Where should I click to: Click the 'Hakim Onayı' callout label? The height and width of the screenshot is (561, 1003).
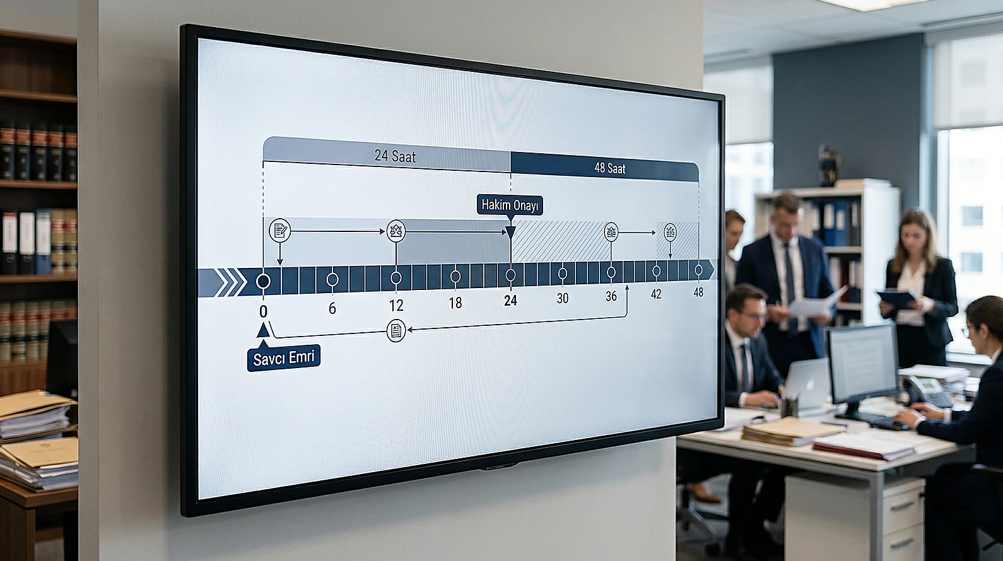pos(510,205)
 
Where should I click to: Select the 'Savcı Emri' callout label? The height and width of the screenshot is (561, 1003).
pos(283,358)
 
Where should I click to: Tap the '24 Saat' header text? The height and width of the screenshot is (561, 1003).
pos(395,156)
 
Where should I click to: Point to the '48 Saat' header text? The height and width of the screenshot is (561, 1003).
pos(610,168)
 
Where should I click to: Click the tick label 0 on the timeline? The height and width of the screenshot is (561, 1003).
pos(263,311)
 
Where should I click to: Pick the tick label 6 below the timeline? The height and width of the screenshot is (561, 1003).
pos(332,308)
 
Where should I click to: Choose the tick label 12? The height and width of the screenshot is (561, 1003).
pos(396,306)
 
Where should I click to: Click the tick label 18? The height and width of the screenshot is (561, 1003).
pos(455,303)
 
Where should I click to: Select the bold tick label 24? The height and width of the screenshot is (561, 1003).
pos(510,300)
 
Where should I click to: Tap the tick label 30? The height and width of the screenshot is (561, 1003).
pos(563,298)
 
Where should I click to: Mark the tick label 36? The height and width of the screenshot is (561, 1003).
pos(611,296)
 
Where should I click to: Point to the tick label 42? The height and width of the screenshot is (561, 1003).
pos(656,294)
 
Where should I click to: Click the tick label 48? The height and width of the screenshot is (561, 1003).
pos(698,292)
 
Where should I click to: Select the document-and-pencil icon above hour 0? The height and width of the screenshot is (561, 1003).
pos(280,231)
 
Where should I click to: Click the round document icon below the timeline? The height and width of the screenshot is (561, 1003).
pos(396,330)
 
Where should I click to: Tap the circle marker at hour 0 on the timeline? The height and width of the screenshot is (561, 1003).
pos(263,281)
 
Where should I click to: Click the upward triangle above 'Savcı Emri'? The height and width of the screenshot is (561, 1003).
pos(263,330)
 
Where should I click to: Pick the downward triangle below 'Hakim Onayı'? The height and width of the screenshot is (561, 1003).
pos(510,232)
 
